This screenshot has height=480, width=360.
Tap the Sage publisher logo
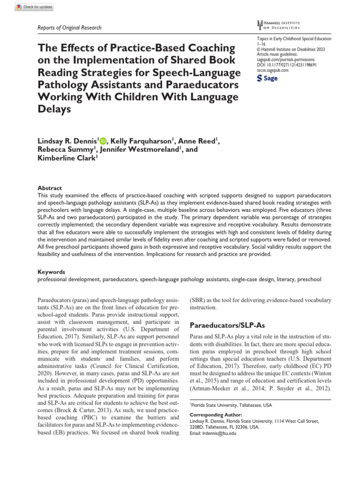pyautogui.click(x=268, y=79)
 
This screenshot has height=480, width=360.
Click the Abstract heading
pyautogui.click(x=50, y=187)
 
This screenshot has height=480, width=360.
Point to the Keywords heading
pyautogui.click(x=51, y=271)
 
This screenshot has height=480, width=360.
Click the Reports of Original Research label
pyautogui.click(x=69, y=28)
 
